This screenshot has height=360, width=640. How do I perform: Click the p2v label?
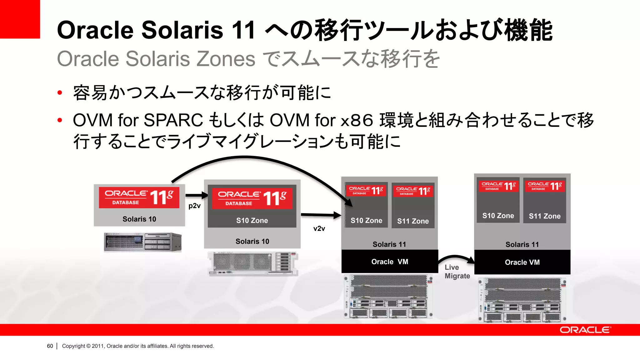click(194, 206)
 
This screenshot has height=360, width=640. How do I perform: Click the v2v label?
click(319, 229)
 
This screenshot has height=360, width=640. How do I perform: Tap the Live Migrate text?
click(457, 272)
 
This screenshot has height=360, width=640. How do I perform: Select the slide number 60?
click(50, 346)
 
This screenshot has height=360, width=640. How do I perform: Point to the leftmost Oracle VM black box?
click(389, 262)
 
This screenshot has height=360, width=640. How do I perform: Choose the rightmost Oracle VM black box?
click(522, 262)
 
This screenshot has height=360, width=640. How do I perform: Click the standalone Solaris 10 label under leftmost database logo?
click(139, 219)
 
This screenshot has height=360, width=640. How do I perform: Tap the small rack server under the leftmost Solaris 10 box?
click(142, 242)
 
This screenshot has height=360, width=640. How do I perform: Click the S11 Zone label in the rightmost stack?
click(544, 216)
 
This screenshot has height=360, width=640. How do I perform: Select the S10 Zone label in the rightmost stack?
click(498, 216)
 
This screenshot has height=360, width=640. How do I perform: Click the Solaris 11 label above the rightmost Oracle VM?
click(522, 244)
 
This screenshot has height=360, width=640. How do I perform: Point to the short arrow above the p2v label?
click(197, 196)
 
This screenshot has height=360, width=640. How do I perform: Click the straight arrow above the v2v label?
click(321, 215)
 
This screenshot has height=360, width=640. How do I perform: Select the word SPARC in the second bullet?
click(173, 120)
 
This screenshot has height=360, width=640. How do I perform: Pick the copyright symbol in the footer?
click(88, 346)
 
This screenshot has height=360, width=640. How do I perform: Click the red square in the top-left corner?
click(20, 19)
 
